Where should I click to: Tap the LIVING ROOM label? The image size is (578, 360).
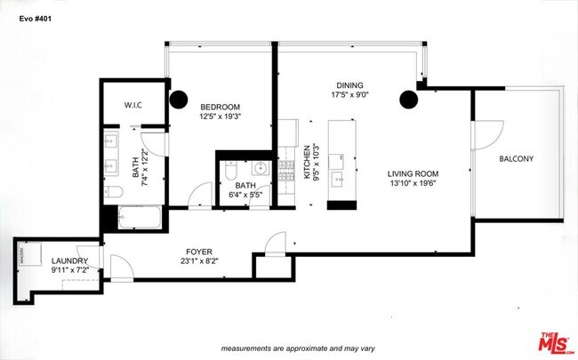413,173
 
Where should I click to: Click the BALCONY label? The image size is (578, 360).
516,159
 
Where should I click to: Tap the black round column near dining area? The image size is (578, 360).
409,98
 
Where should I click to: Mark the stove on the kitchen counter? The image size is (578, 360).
287,172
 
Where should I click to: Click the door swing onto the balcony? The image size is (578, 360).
486,136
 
